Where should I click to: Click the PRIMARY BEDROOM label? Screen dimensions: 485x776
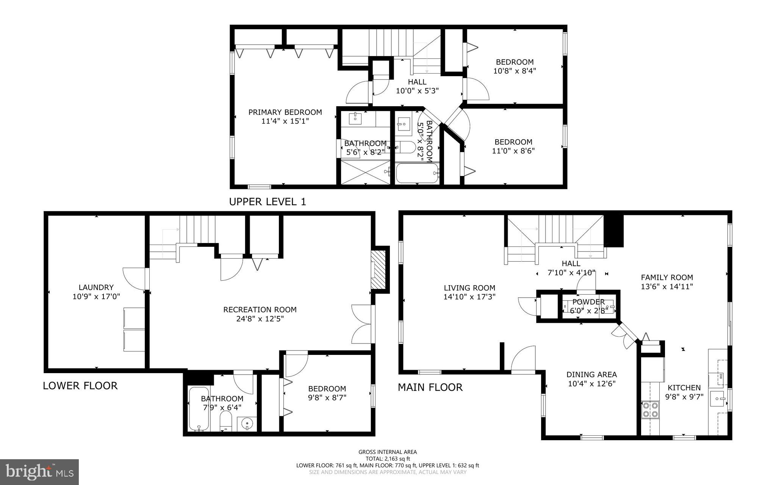pos(285,112)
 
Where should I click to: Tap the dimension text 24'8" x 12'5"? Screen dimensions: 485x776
pos(260,319)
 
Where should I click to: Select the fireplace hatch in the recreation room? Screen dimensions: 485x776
pos(378,270)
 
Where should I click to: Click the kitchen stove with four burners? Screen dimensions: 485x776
pos(650,410)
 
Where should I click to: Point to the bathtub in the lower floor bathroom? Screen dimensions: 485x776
pos(199,409)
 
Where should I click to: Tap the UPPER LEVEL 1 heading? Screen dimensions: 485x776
pos(267,202)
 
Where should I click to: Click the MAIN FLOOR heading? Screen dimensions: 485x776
pos(430,387)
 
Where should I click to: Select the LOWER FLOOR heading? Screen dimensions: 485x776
pos(80,386)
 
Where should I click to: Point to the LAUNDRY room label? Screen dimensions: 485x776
pos(96,287)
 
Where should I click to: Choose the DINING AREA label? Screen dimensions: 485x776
pos(591,375)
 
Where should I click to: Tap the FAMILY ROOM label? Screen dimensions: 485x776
pos(666,277)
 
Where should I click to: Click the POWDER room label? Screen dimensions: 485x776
pos(588,302)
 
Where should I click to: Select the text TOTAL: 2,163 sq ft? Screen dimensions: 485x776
pos(387,458)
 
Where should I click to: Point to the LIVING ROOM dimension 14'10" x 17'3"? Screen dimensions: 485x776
pos(469,297)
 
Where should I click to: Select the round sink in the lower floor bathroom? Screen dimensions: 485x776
pos(247,424)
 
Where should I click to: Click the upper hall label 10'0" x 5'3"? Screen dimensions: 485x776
pos(417,91)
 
